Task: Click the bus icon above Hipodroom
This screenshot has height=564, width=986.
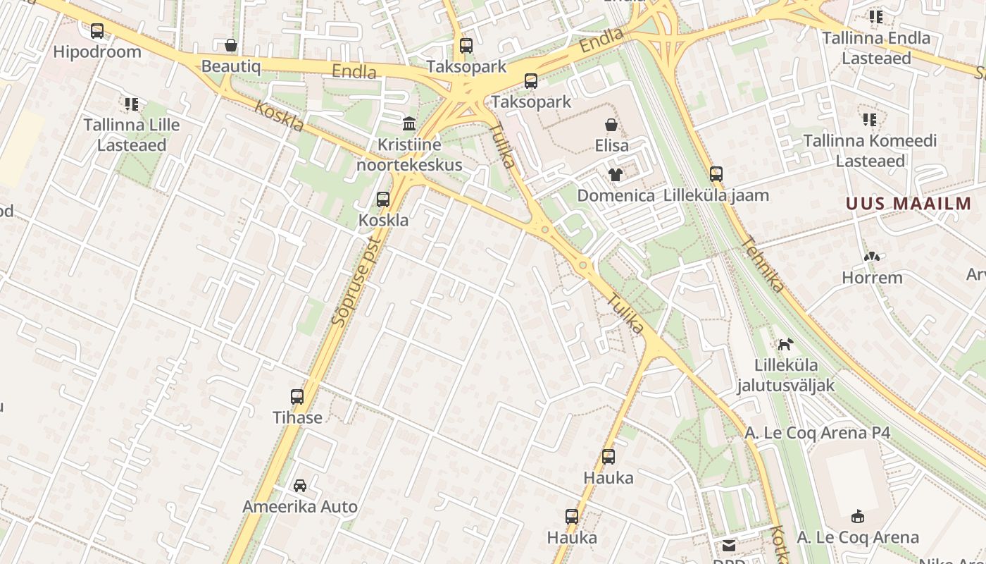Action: point(97,31)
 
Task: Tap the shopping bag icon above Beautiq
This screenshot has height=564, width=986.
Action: point(230,46)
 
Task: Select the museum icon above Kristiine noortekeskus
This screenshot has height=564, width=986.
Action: point(409,124)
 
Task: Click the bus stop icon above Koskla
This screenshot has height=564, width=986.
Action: point(383,200)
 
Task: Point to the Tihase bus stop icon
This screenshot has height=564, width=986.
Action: point(297,397)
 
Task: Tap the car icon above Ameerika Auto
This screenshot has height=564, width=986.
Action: point(300,486)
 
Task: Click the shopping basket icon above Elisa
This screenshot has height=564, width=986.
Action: point(611,125)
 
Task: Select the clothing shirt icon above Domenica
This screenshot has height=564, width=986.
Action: point(616,175)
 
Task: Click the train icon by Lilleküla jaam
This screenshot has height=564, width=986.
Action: point(716,174)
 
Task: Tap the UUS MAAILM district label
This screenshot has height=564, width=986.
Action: point(909,204)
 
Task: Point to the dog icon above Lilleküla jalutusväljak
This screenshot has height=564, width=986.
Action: point(785,344)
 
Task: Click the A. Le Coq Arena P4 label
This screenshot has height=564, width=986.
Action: point(817,433)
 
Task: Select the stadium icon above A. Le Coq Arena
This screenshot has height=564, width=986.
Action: point(858,517)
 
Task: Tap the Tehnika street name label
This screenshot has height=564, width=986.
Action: point(762,264)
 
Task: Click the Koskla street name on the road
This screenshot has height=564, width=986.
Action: point(280,116)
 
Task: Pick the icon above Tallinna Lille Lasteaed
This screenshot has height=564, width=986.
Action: point(132,104)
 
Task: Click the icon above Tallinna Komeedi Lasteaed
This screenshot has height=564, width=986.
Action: point(870,120)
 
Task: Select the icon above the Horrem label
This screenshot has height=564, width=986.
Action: point(872,257)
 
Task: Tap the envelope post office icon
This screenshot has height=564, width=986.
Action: point(729,546)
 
